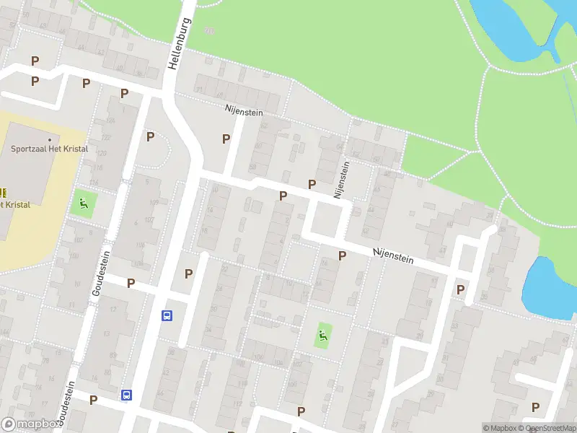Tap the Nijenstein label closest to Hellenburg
coord(243,113)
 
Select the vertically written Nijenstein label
coord(342,180)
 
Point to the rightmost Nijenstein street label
coord(394,255)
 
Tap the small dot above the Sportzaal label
coord(50,139)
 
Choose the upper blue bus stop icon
coord(167,315)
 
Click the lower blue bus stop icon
coord(127,395)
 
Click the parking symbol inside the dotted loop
coord(151,136)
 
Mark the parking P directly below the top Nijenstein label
coord(226,138)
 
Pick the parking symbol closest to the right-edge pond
coord(460,289)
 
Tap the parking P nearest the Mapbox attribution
coord(535,407)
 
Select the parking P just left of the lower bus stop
coord(93,399)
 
